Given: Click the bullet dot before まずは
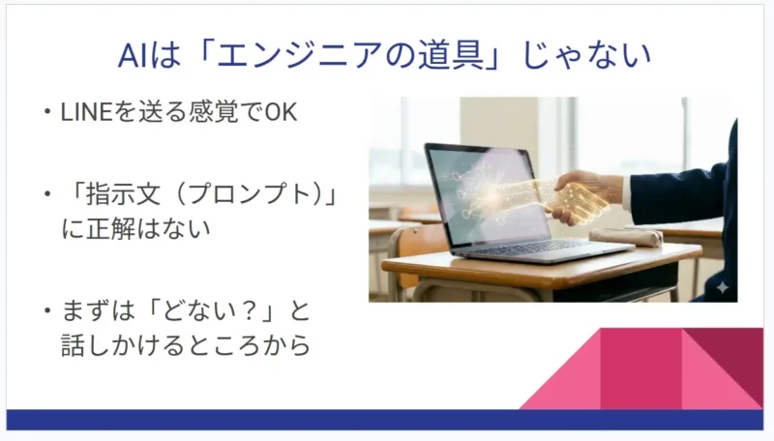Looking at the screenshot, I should click(45, 313).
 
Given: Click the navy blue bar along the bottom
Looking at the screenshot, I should click(387, 420).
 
